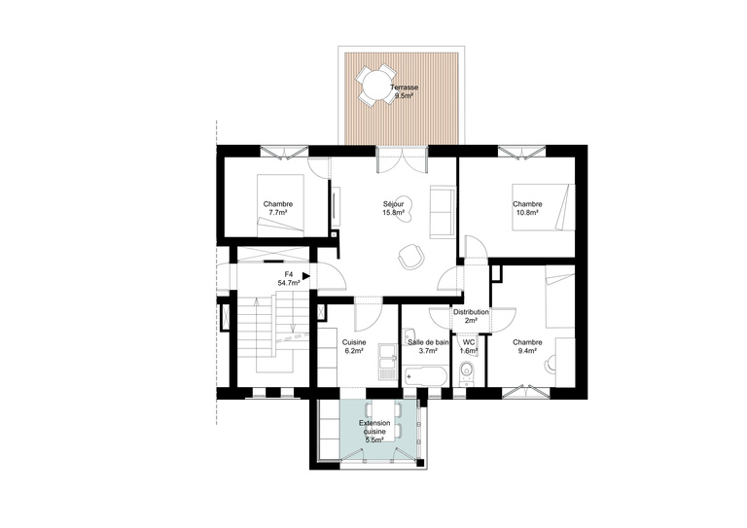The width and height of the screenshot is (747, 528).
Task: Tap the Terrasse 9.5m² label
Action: (404, 92)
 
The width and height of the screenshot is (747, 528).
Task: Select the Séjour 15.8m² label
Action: (393, 208)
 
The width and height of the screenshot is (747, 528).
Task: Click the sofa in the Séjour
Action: (441, 211)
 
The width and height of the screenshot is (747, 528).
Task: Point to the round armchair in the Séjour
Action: (409, 256)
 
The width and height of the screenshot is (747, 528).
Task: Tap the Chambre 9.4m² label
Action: (528, 347)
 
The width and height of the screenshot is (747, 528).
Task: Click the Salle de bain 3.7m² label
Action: (427, 347)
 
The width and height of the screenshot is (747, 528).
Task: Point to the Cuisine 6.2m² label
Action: (353, 347)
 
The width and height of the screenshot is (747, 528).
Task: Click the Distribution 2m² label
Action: (471, 316)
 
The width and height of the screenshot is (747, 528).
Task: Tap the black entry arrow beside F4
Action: (306, 276)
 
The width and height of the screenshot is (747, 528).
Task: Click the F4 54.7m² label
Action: (289, 279)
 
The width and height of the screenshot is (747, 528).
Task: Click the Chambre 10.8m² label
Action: (528, 208)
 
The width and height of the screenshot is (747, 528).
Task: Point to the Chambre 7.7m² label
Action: (278, 208)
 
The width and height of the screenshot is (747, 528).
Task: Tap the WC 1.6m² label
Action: (469, 347)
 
